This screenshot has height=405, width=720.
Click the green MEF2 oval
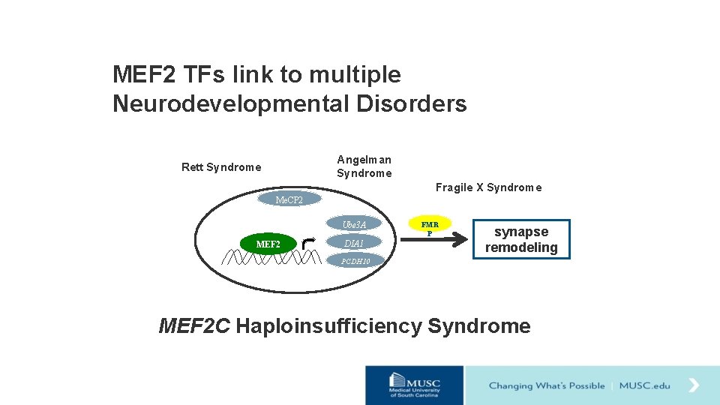click(268, 244)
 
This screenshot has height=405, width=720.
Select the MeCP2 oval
click(289, 199)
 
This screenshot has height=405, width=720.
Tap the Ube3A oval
click(354, 224)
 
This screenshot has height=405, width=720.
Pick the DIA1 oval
click(354, 243)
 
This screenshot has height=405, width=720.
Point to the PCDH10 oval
click(356, 261)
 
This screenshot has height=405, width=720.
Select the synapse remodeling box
click(521, 239)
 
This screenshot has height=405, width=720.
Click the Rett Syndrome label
click(221, 167)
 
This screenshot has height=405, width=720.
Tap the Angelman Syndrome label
click(364, 166)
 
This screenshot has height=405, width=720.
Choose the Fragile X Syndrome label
click(488, 187)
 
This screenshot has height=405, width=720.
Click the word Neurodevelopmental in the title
click(231, 103)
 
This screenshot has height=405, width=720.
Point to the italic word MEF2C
click(194, 326)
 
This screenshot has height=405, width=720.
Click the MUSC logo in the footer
click(414, 385)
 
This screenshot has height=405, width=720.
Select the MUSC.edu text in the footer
click(645, 385)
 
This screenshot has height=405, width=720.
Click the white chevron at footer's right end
click(694, 385)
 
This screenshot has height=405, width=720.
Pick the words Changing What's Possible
click(547, 385)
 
